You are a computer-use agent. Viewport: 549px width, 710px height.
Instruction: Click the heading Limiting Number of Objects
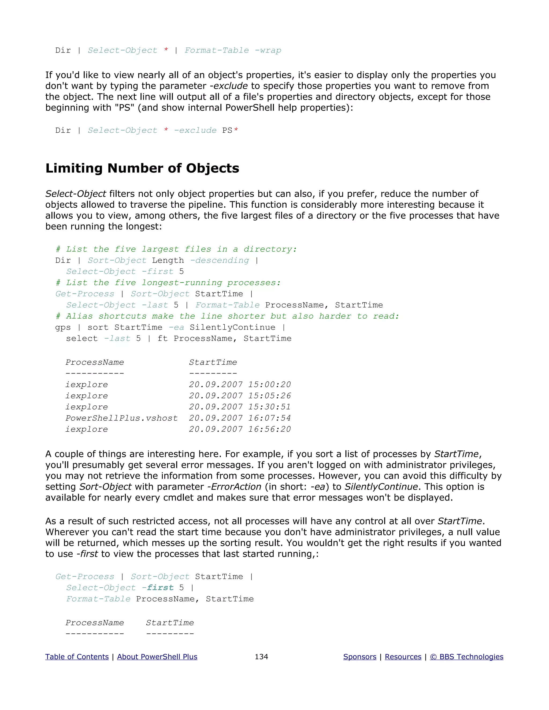point(142,169)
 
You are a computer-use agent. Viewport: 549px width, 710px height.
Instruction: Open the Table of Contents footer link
point(77,657)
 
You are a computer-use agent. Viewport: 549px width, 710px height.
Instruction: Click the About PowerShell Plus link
point(157,657)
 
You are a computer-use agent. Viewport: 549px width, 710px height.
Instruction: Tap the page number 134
point(261,657)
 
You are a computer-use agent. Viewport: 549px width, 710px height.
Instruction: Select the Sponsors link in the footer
point(360,657)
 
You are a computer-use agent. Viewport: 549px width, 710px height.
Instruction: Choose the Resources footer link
point(403,657)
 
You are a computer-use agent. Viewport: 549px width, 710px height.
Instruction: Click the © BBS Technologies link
point(466,657)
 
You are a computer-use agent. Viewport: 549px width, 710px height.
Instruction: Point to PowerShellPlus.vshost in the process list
point(122,418)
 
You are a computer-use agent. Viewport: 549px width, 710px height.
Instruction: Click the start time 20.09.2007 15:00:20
point(240,384)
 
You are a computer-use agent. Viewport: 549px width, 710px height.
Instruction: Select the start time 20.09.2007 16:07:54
point(240,418)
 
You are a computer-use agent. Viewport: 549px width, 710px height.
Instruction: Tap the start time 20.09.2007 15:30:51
point(240,407)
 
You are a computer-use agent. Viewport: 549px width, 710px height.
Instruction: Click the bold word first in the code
point(160,588)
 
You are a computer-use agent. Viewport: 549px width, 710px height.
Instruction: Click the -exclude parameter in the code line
point(195,130)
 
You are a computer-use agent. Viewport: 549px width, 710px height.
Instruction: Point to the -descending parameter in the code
point(220,260)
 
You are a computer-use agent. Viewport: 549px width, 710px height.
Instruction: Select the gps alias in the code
point(63,327)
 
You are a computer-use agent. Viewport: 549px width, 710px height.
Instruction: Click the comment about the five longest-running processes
point(168,283)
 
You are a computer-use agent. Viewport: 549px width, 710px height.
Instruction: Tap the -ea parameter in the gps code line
point(176,327)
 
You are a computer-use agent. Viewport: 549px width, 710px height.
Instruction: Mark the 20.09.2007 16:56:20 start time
point(240,429)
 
